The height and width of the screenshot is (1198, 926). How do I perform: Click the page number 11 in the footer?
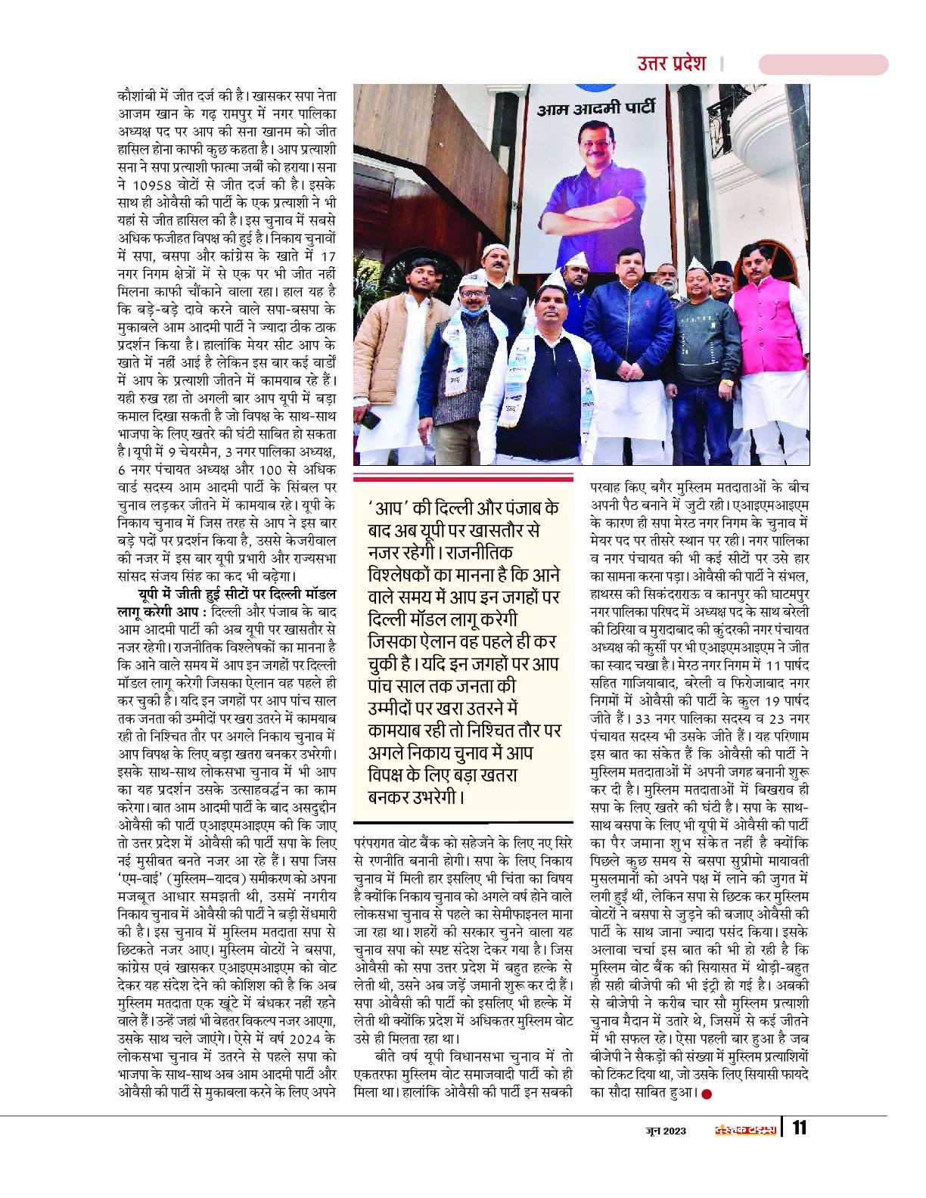(x=799, y=1130)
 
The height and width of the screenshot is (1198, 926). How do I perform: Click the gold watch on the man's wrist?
(x=728, y=383)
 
